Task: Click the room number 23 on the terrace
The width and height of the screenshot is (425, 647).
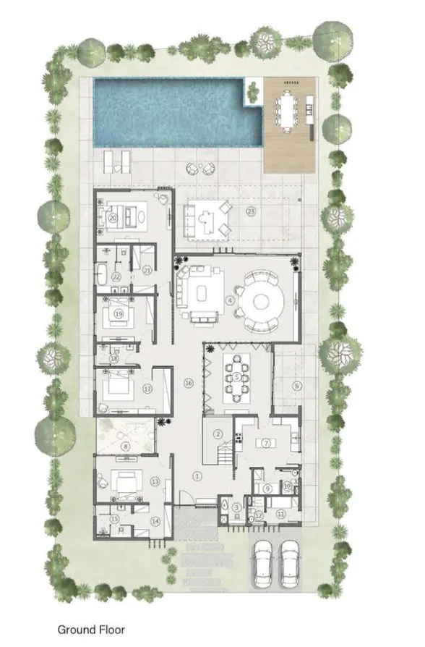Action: (251, 211)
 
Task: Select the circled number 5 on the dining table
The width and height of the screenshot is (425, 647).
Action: (236, 377)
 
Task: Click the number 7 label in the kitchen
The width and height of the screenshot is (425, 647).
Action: (265, 442)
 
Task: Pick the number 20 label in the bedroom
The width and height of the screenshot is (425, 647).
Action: (113, 216)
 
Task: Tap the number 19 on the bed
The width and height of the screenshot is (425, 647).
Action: (118, 313)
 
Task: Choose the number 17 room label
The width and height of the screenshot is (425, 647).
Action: (147, 389)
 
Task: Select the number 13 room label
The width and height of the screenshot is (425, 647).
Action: (155, 481)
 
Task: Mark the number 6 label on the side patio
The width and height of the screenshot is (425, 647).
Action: (296, 386)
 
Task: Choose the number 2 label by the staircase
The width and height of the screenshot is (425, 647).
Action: (218, 434)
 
